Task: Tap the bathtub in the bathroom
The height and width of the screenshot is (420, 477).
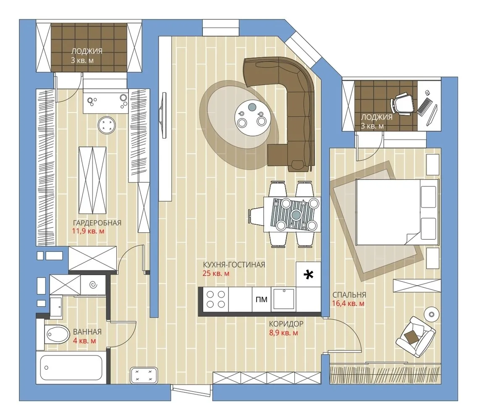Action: tap(71, 367)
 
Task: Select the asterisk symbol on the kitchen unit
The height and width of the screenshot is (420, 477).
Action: tap(309, 275)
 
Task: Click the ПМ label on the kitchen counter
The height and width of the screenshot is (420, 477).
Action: tap(261, 299)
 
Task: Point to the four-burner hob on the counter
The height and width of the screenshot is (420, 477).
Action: tap(216, 299)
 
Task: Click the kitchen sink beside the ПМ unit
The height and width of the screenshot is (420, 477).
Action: tap(284, 299)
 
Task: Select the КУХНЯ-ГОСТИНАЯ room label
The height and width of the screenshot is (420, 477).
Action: tap(233, 265)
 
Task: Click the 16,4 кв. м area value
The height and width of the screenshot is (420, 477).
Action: tap(349, 303)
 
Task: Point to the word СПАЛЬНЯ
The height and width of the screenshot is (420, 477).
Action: tap(349, 295)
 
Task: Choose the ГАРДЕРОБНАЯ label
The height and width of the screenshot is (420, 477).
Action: tap(97, 223)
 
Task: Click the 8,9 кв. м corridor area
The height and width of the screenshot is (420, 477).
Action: tap(283, 333)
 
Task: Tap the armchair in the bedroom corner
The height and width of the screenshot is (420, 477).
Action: tap(415, 336)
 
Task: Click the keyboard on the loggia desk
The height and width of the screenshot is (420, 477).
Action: tap(423, 107)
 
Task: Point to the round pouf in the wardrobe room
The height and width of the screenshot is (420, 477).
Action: tap(107, 125)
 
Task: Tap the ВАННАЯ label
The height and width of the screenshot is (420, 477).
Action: tap(87, 332)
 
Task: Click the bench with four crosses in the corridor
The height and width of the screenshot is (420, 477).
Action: tap(144, 375)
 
